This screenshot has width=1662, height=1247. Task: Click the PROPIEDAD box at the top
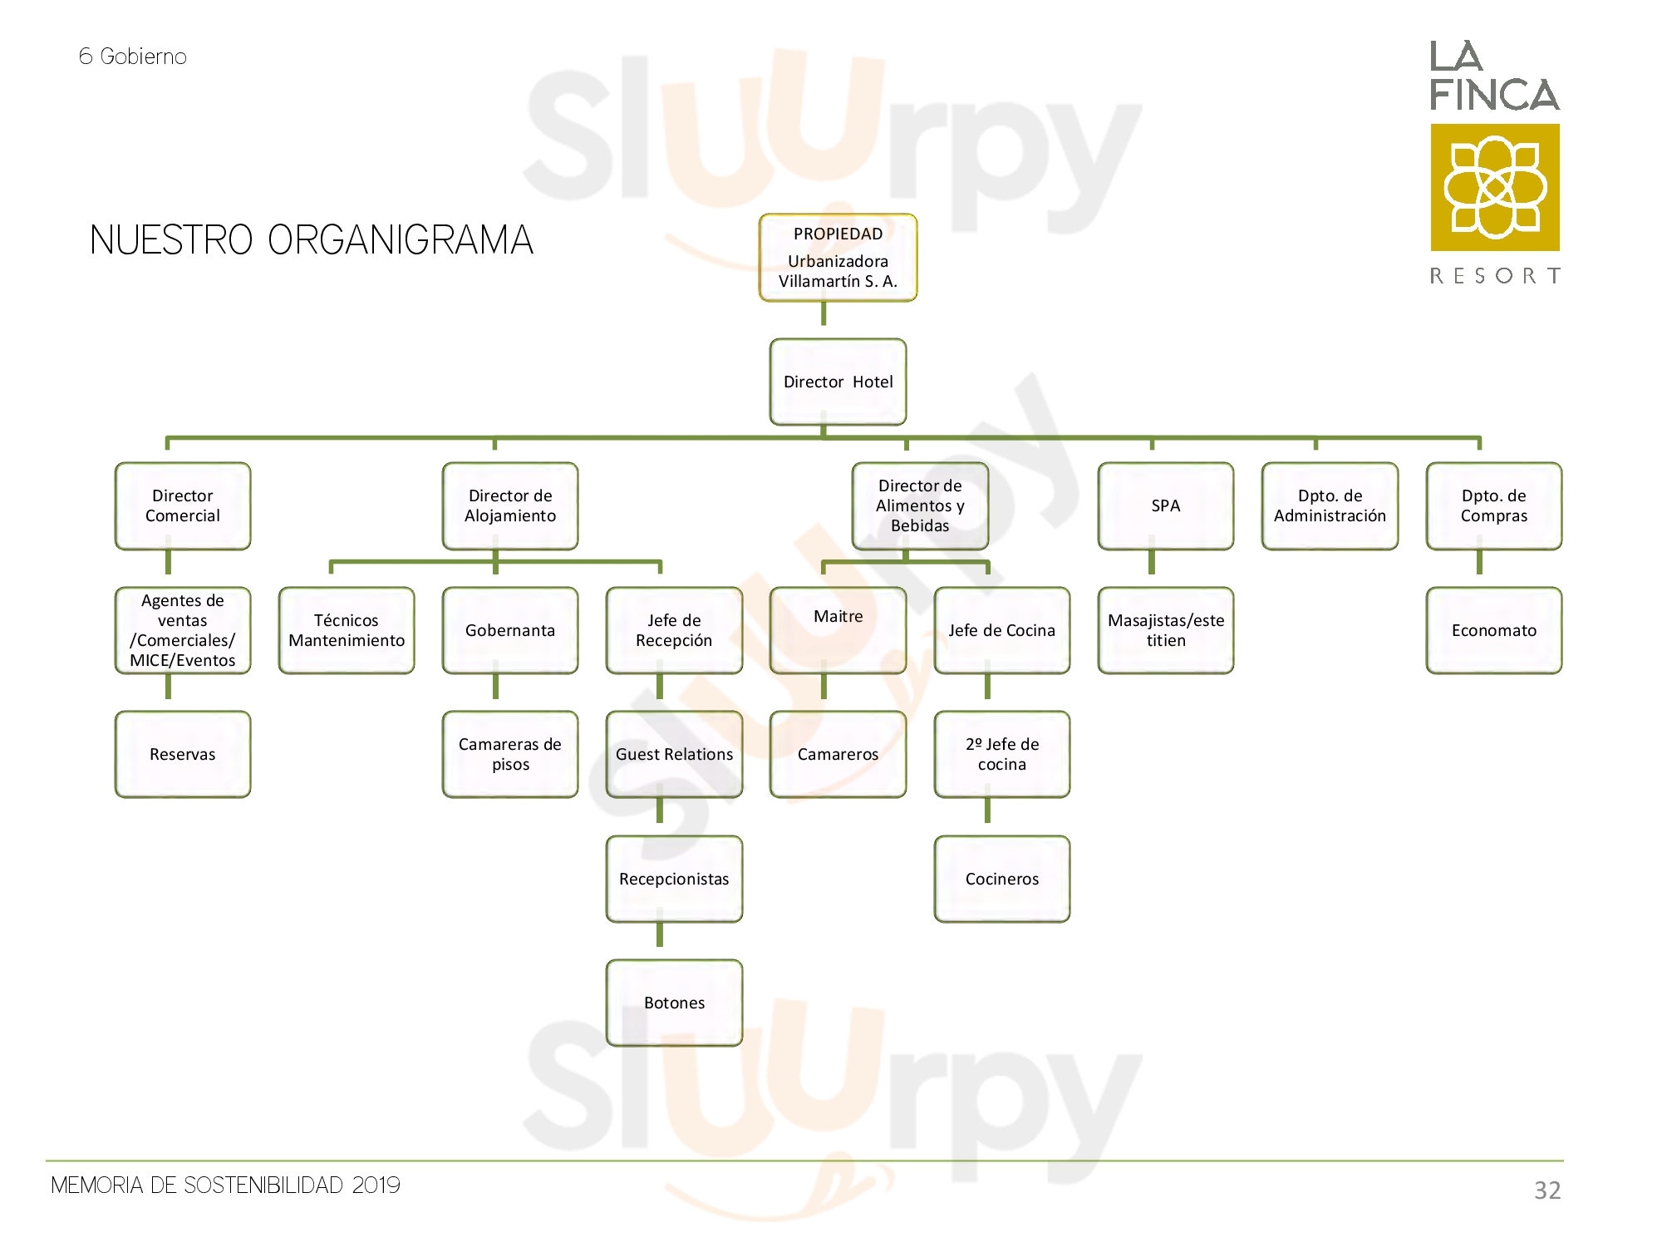(x=838, y=258)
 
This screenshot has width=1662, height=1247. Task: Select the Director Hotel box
(x=838, y=382)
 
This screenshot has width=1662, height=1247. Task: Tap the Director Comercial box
(x=183, y=505)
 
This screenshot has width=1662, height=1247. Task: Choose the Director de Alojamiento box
(x=510, y=505)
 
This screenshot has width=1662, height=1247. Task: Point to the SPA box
(x=1166, y=505)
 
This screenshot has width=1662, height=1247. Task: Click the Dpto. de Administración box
(x=1330, y=505)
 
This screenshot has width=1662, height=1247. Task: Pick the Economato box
(x=1494, y=630)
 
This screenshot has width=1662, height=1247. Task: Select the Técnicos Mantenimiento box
(x=347, y=630)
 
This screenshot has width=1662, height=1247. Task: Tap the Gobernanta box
(x=510, y=630)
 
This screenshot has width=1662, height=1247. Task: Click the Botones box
(x=674, y=1003)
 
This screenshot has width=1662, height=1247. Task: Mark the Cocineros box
(x=1002, y=879)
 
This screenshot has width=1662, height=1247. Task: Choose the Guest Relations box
(x=674, y=754)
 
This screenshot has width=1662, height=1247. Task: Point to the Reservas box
(x=183, y=754)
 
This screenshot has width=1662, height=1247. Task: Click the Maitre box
(x=838, y=630)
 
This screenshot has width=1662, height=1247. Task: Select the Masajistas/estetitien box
(x=1166, y=630)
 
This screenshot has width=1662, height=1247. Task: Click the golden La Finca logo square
(x=1495, y=187)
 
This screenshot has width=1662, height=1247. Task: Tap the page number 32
(x=1547, y=1190)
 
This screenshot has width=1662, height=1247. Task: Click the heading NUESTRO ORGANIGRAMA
(x=312, y=240)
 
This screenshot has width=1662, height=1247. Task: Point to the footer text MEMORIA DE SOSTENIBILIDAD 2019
(x=225, y=1185)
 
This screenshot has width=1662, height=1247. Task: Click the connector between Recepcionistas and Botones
(x=660, y=934)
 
